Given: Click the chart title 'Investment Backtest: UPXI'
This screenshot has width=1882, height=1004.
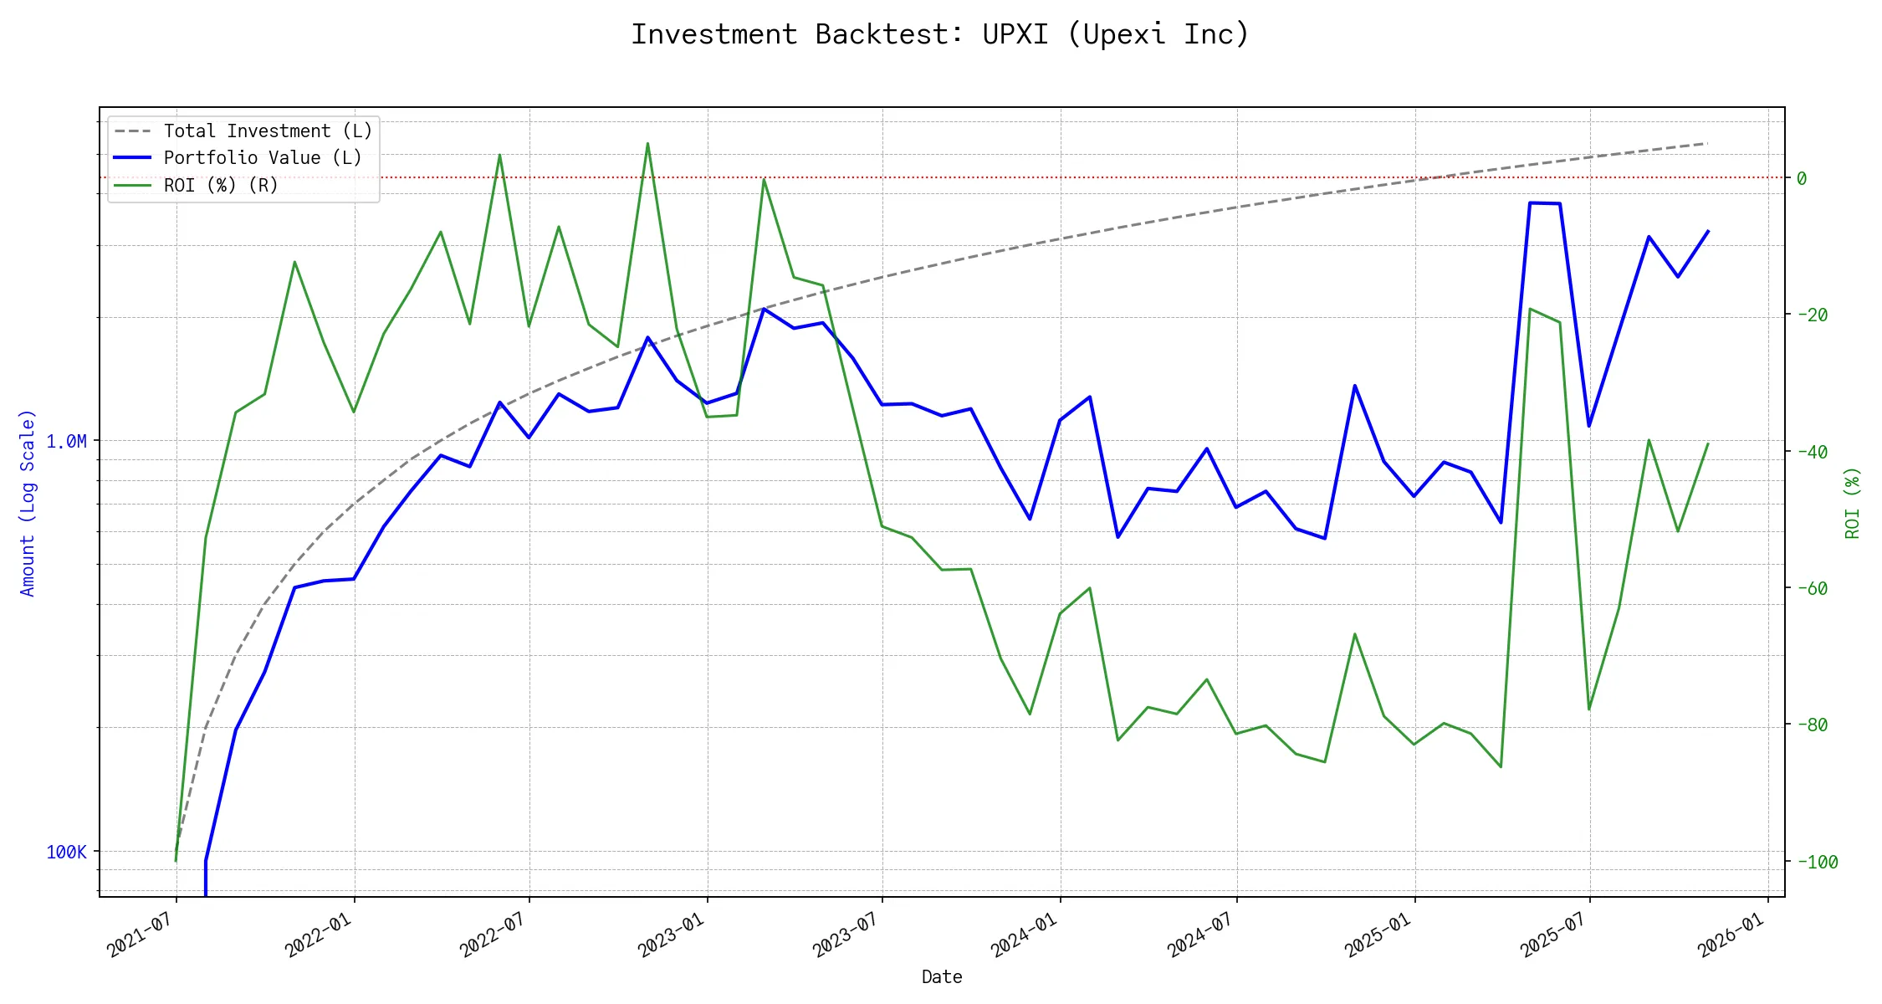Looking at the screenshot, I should pyautogui.click(x=940, y=34).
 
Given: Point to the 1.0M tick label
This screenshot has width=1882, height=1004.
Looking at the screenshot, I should pyautogui.click(x=66, y=441).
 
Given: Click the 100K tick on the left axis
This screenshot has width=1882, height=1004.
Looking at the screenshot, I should pyautogui.click(x=66, y=852).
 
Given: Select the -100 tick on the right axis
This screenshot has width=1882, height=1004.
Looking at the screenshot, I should pyautogui.click(x=1816, y=862).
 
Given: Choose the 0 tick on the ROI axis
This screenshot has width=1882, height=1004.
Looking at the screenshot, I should pyautogui.click(x=1802, y=178).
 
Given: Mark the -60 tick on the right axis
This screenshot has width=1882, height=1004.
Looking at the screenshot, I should pyautogui.click(x=1812, y=588).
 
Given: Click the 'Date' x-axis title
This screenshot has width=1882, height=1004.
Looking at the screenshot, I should pyautogui.click(x=942, y=976).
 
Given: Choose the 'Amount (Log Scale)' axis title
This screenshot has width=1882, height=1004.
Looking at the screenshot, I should pyautogui.click(x=28, y=502).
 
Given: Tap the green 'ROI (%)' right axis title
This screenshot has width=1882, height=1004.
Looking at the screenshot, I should pyautogui.click(x=1853, y=502).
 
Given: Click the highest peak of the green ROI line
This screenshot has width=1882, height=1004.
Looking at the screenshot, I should pyautogui.click(x=647, y=143).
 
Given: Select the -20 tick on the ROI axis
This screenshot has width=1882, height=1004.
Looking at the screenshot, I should pyautogui.click(x=1812, y=315).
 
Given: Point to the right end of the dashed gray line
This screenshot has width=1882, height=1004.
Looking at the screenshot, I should pyautogui.click(x=1707, y=144).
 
